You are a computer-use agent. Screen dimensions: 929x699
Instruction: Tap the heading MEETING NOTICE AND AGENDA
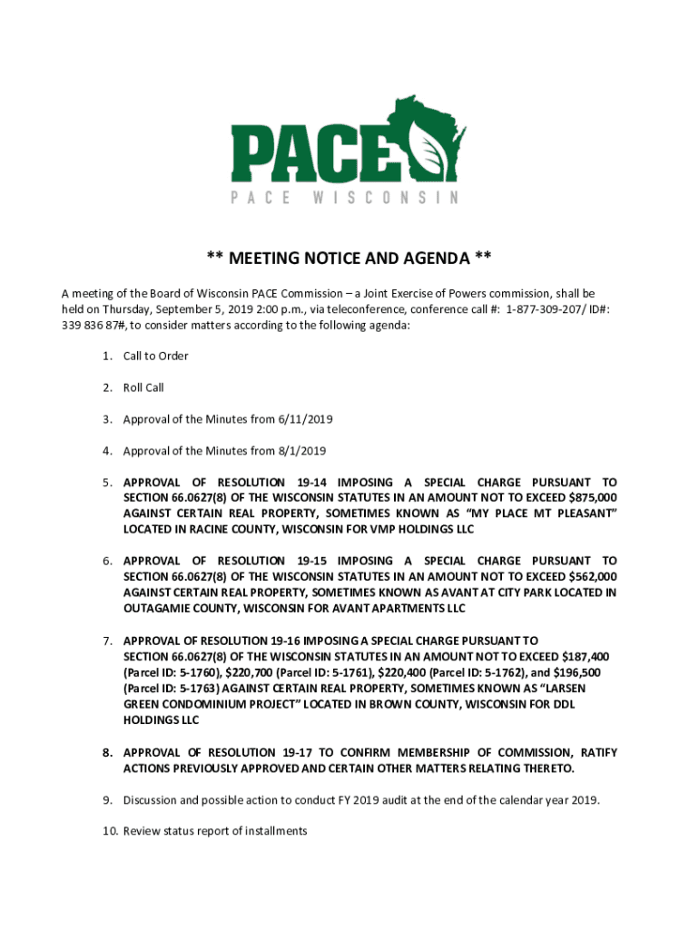tap(349, 259)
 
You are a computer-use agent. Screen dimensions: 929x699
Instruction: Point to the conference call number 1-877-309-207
tap(552, 308)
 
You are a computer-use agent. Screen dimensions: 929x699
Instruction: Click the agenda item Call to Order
tap(156, 356)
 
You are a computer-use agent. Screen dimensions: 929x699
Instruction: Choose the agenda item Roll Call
tap(143, 387)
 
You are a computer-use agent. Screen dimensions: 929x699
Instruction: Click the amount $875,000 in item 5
tap(592, 498)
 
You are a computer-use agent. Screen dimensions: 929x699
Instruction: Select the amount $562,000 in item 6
tap(592, 577)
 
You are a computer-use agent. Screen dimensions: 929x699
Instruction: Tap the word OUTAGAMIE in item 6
tap(161, 608)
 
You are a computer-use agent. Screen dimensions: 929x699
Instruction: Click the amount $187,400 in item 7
tap(587, 657)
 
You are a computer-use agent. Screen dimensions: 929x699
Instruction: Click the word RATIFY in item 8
tap(599, 753)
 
